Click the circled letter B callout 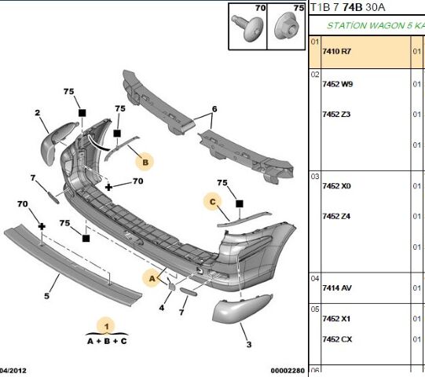(x=144, y=163)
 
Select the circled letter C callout (x=212, y=203)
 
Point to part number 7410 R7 (x=337, y=52)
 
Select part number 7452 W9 (x=337, y=84)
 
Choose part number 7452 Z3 (x=336, y=115)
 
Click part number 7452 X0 (x=336, y=186)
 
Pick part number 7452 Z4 (x=336, y=216)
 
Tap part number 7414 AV (x=336, y=288)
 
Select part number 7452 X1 (x=336, y=320)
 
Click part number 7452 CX (x=336, y=339)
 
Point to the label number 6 (x=213, y=108)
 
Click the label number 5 (x=46, y=296)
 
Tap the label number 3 (x=248, y=345)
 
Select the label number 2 (x=36, y=114)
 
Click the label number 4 (x=161, y=307)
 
